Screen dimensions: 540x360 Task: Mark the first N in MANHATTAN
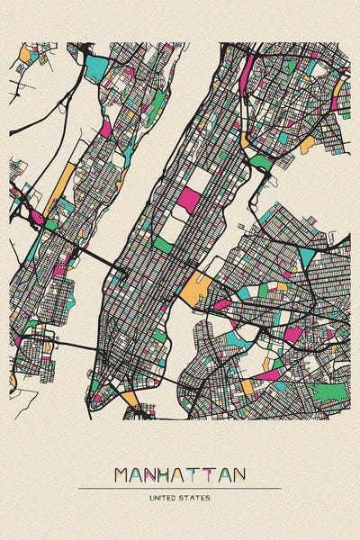coord(156,474)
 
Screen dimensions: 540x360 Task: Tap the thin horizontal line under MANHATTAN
coord(180,488)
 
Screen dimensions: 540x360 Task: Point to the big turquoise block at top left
coord(96,67)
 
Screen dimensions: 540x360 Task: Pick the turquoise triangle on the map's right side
coord(308,257)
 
